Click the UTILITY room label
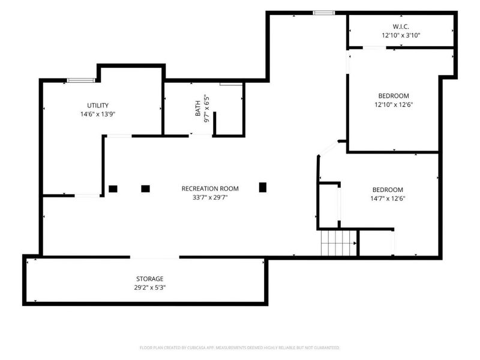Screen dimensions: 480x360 pos(98,106)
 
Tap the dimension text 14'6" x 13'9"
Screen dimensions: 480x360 pos(98,114)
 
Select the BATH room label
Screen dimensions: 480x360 pos(198,109)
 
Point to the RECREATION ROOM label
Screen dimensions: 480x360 pos(210,188)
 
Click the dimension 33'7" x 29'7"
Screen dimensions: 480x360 pos(210,197)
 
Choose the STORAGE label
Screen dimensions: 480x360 pos(149,279)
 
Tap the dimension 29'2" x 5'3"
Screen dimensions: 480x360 pos(149,288)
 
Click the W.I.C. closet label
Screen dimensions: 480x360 pos(401,26)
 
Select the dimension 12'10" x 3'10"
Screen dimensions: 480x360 pos(401,35)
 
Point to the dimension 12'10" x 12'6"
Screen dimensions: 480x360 pos(394,104)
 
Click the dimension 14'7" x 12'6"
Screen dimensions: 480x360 pos(388,199)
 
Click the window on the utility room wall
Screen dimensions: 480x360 pos(81,80)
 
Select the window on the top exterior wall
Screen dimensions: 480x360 pos(323,13)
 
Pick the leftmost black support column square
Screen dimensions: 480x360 pos(113,189)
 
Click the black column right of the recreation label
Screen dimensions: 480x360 pos(263,187)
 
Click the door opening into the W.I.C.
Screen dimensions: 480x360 pos(374,47)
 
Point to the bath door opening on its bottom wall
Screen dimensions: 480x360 pos(200,135)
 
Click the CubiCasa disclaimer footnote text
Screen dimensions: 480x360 pos(239,348)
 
